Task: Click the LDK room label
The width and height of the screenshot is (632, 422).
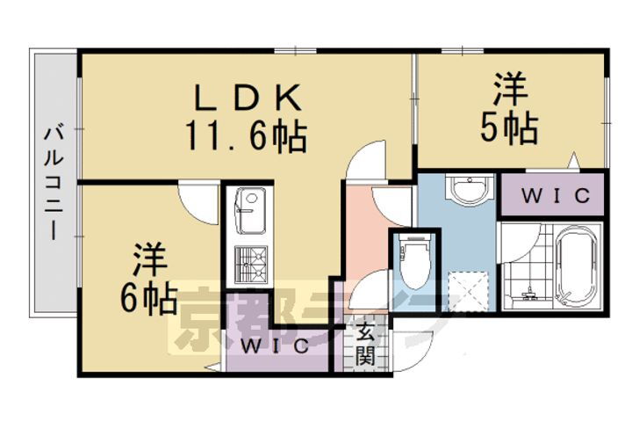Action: pos(245,94)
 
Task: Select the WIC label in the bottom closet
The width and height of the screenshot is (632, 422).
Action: pos(275,345)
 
